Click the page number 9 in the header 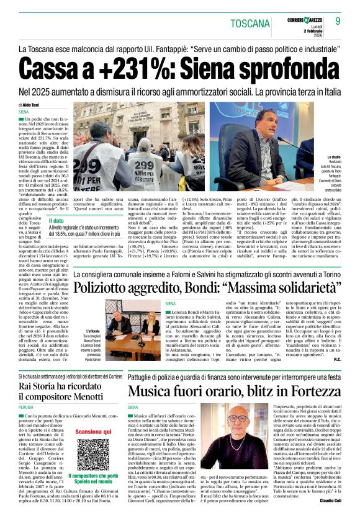(x=338, y=22)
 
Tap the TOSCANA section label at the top (x=251, y=24)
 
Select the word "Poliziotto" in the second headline (x=108, y=289)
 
